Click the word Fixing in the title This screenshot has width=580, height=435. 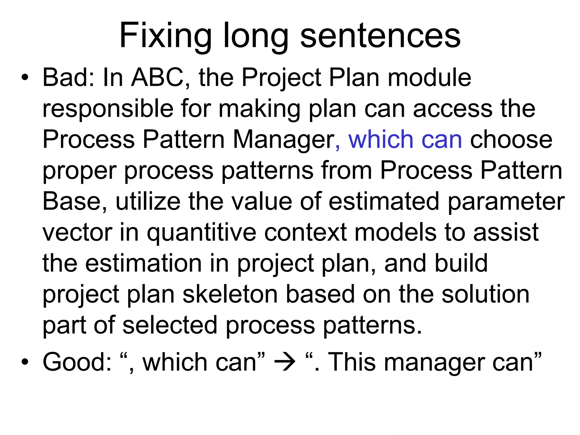click(165, 36)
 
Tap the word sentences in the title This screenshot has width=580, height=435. click(380, 36)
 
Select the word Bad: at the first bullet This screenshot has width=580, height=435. click(68, 78)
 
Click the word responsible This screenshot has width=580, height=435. click(108, 109)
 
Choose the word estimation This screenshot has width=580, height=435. click(144, 263)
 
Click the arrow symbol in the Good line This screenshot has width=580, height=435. click(285, 362)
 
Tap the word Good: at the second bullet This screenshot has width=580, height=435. click(77, 362)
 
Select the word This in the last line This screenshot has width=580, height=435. click(351, 362)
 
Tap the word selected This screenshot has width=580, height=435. click(170, 325)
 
